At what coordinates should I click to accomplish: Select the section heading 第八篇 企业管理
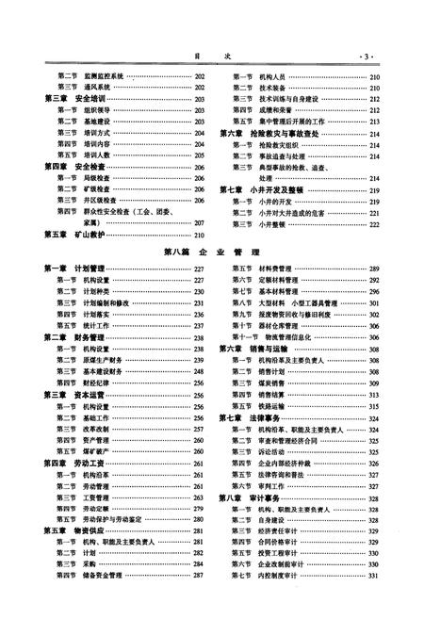211,252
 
